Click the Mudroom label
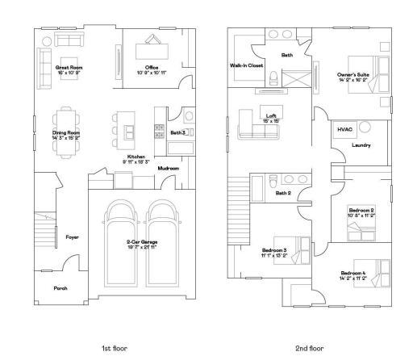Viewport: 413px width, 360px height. point(168,168)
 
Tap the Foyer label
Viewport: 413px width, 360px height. point(72,237)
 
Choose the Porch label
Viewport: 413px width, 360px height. point(60,288)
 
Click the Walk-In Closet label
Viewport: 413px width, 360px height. point(247,65)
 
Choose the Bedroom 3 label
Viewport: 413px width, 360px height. point(274,251)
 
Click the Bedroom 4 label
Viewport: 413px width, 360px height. point(353,274)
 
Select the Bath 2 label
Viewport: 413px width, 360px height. point(282,194)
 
